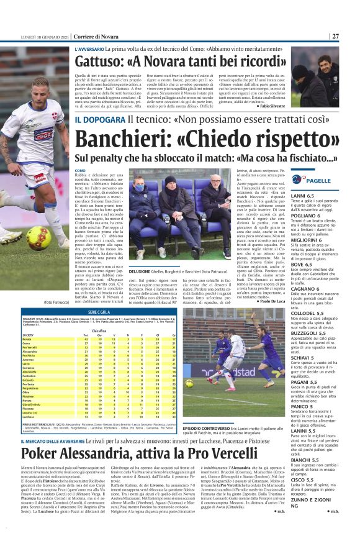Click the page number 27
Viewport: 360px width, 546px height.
tap(335, 35)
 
